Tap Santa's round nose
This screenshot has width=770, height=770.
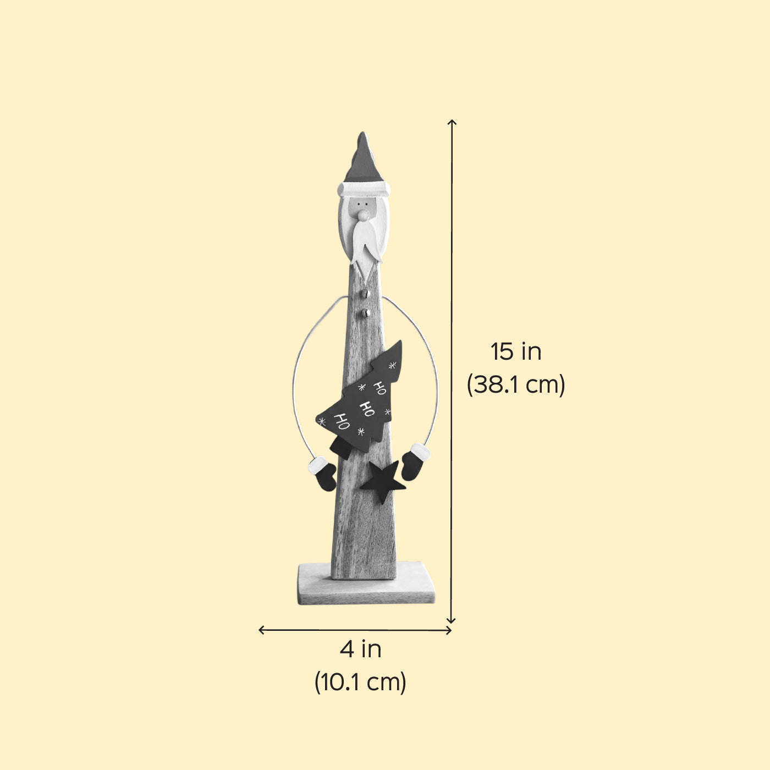coord(363,216)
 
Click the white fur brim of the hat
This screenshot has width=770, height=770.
coord(364,189)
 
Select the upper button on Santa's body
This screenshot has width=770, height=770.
coord(365,294)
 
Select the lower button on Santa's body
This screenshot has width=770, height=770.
coord(365,313)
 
